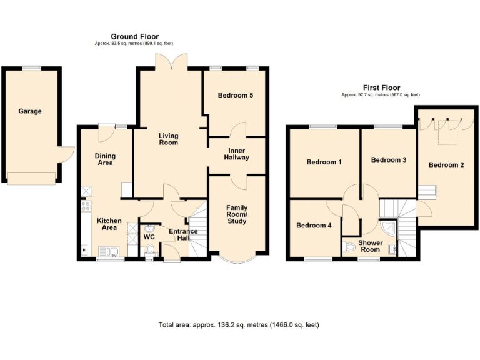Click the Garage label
pos(30,111)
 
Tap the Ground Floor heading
pos(134,37)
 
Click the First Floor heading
pos(381,87)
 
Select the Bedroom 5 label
pos(235,96)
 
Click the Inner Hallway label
pos(237,153)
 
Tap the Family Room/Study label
pos(237,215)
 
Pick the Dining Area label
pos(104,159)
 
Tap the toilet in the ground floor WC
pos(149,250)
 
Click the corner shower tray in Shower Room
pos(388,228)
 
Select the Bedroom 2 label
pos(446,165)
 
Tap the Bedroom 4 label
pos(314,225)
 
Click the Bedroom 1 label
pos(324,162)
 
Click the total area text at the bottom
pos(239,326)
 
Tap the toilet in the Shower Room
pos(350,248)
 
